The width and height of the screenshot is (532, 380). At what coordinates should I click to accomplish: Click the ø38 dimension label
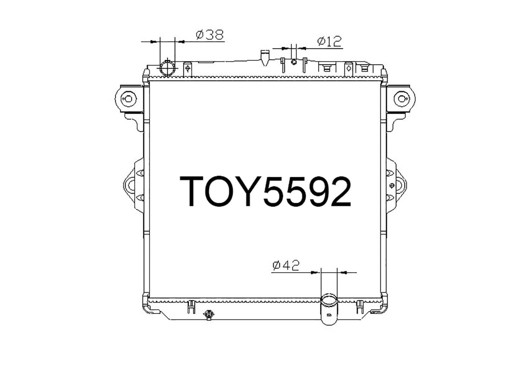(x=210, y=35)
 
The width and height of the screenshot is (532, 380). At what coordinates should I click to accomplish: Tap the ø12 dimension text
(x=329, y=41)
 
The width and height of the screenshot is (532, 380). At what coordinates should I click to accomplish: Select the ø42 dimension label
(x=286, y=265)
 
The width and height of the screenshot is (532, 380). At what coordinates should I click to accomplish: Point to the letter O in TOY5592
(x=225, y=191)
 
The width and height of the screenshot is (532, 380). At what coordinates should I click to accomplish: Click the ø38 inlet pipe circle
(x=167, y=68)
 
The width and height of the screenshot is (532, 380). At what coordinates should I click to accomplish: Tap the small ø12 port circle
(x=294, y=62)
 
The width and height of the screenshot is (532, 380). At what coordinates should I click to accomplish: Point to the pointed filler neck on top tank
(x=265, y=58)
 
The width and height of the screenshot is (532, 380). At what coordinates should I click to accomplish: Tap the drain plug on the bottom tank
(x=209, y=314)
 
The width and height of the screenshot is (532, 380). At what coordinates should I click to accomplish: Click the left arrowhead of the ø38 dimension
(x=154, y=42)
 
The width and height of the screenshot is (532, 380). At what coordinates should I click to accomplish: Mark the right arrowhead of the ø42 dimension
(x=343, y=273)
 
